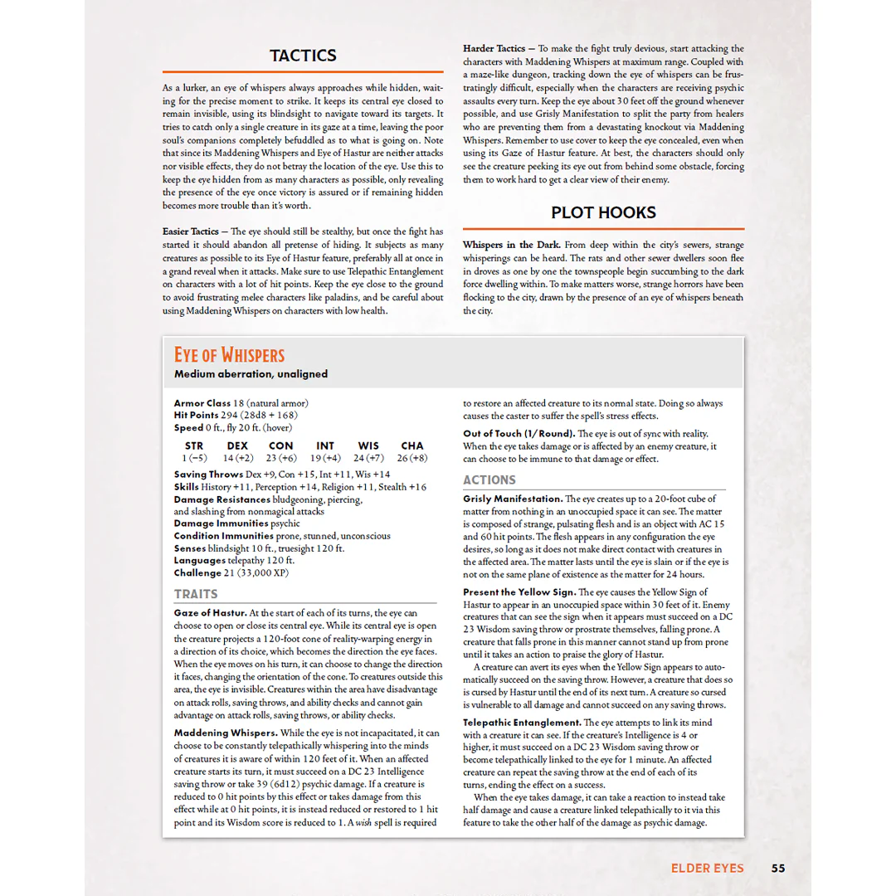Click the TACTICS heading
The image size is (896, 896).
pos(303,56)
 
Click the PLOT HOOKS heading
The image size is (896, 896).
pos(603,212)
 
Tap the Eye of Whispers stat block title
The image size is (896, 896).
pos(229,355)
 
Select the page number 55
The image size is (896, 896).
pos(777,869)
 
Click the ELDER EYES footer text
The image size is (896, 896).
pos(708,869)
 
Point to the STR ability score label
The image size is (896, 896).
pos(194,446)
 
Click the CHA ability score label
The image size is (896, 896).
pos(411,446)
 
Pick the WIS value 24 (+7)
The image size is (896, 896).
pos(368,458)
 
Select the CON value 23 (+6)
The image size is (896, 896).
pos(281,458)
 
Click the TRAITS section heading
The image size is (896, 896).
pos(196,594)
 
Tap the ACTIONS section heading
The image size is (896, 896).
pos(489,480)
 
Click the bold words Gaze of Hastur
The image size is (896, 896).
pos(210,613)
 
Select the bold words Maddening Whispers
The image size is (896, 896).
pos(225,733)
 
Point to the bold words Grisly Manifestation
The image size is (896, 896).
pos(512,499)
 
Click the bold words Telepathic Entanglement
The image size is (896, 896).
pos(521,723)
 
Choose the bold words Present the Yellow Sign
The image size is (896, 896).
pos(519,592)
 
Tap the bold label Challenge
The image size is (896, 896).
pos(197,573)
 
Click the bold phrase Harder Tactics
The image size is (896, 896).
pos(494,49)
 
